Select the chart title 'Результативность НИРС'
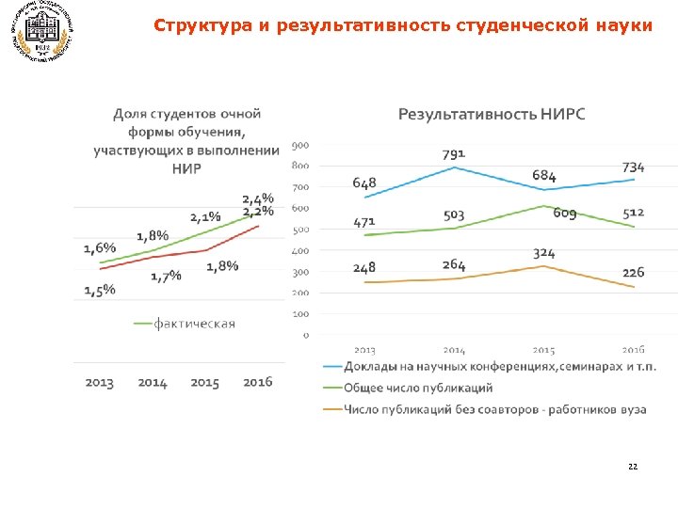click(x=492, y=115)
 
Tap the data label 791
click(x=455, y=152)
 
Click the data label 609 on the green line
click(x=565, y=214)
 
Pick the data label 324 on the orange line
click(x=544, y=254)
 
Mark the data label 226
click(x=634, y=272)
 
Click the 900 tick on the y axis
click(x=300, y=145)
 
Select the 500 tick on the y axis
click(x=300, y=230)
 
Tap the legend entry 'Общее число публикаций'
click(x=417, y=388)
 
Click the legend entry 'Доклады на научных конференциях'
click(x=499, y=366)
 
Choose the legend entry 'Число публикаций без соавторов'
click(x=498, y=409)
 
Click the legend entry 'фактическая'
click(x=194, y=324)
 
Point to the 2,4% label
click(x=258, y=198)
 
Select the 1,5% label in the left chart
click(x=100, y=290)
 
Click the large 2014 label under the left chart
click(x=153, y=383)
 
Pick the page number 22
click(x=631, y=467)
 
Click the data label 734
click(x=634, y=167)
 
